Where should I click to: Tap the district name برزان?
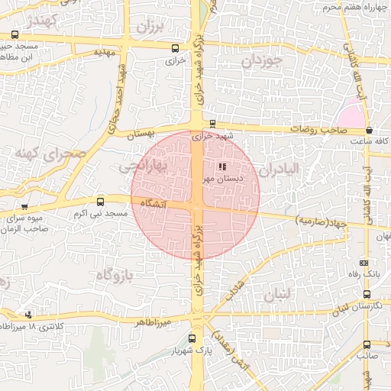point(150,28)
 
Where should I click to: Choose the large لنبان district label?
point(277,294)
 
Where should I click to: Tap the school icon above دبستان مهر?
point(221,166)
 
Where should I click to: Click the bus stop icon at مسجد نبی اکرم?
point(101,202)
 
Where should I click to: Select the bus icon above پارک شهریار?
point(191,338)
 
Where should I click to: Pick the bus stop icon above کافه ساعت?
point(370,131)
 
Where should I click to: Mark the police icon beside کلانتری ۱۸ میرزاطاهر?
point(29,314)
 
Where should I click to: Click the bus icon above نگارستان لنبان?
point(367,294)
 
